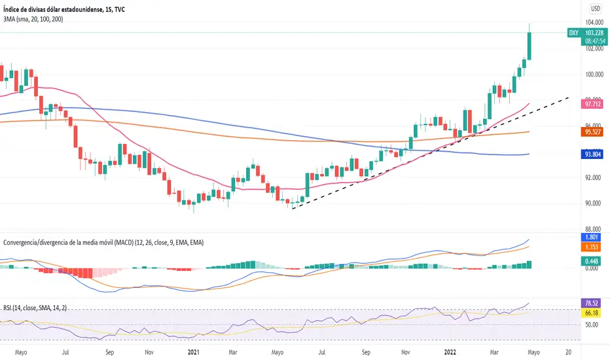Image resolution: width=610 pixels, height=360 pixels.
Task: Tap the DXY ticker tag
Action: [x=573, y=31]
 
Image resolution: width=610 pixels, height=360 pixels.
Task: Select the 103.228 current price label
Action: [x=594, y=31]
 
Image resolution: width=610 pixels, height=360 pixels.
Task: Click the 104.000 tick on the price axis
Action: [x=593, y=22]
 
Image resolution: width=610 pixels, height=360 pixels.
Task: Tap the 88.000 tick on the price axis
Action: [x=593, y=228]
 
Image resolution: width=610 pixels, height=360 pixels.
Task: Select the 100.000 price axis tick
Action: [x=593, y=74]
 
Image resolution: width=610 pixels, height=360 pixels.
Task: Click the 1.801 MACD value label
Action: [x=592, y=237]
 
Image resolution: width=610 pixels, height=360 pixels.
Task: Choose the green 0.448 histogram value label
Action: [x=592, y=261]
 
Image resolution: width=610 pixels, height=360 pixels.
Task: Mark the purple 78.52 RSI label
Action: [x=592, y=304]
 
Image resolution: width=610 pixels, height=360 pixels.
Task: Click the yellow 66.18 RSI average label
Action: [x=592, y=314]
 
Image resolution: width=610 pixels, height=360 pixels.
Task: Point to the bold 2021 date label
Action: [x=193, y=351]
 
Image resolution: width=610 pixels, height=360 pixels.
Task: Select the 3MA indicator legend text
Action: [x=39, y=20]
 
